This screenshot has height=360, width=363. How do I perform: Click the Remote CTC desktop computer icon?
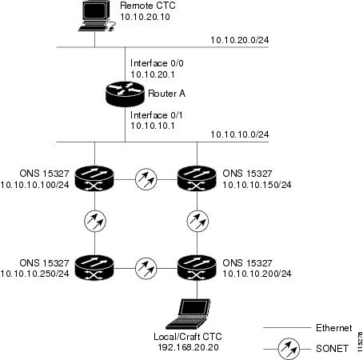click(x=98, y=16)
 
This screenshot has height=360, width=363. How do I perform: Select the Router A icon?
click(x=125, y=94)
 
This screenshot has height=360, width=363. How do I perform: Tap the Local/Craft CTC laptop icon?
click(x=188, y=314)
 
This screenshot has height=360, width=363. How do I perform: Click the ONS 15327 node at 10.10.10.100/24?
click(x=94, y=178)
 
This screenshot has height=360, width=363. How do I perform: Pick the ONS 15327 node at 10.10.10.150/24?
click(x=197, y=178)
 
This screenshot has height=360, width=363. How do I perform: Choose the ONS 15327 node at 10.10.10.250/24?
click(x=94, y=268)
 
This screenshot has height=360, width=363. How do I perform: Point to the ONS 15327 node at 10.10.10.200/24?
click(x=197, y=268)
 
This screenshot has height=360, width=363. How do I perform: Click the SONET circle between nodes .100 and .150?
click(x=146, y=179)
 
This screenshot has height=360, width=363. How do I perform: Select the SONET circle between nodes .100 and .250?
click(x=95, y=221)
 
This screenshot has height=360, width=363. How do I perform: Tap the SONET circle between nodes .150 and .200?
click(x=197, y=221)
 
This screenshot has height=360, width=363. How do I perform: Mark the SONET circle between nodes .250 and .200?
click(x=146, y=268)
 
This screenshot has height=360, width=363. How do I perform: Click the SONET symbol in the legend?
click(x=289, y=349)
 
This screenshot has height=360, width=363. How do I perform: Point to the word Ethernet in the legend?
click(x=334, y=328)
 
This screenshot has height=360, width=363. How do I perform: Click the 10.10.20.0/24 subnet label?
click(x=240, y=40)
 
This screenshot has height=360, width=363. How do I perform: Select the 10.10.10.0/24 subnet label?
click(x=240, y=134)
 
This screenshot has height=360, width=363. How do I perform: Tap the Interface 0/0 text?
click(x=157, y=63)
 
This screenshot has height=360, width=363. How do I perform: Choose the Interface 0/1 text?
click(x=157, y=115)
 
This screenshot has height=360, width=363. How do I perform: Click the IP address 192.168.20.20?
click(x=188, y=347)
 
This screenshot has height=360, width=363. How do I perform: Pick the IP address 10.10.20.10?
click(x=145, y=17)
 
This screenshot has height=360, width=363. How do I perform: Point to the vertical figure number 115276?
click(x=360, y=342)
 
